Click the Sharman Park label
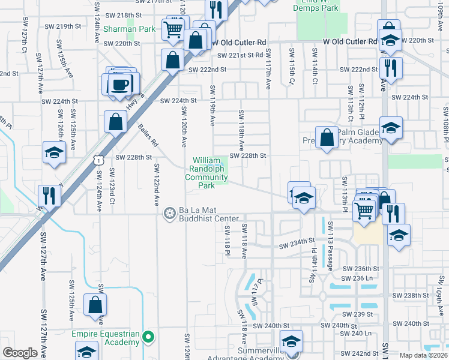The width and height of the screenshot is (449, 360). point(129,29)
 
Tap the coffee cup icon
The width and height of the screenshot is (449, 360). point(121,83)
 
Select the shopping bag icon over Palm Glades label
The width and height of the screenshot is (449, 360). point(326,137)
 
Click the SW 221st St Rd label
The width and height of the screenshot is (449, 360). point(240,55)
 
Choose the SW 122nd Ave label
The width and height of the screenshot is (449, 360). point(156,182)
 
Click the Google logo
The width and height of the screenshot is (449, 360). point(20,352)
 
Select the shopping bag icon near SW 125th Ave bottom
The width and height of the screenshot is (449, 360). point(95,305)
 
